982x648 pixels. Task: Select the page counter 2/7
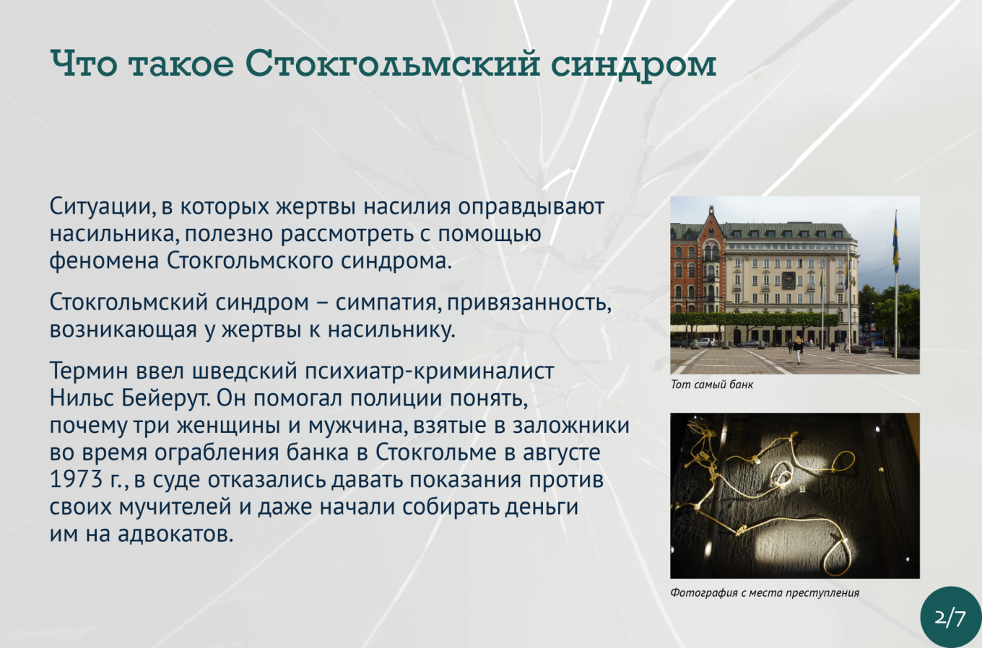point(950,618)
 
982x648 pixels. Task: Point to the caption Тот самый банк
point(712,385)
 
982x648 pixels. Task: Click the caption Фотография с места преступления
point(765,593)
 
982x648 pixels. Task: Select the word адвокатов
point(175,534)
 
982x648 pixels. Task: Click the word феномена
point(104,261)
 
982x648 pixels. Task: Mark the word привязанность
point(529,303)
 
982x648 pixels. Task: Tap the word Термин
point(88,371)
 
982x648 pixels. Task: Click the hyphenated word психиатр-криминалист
point(429,372)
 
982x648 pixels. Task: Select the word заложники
point(570,426)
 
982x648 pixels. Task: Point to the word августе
point(562,453)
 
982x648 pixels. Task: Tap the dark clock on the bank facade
point(788,281)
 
